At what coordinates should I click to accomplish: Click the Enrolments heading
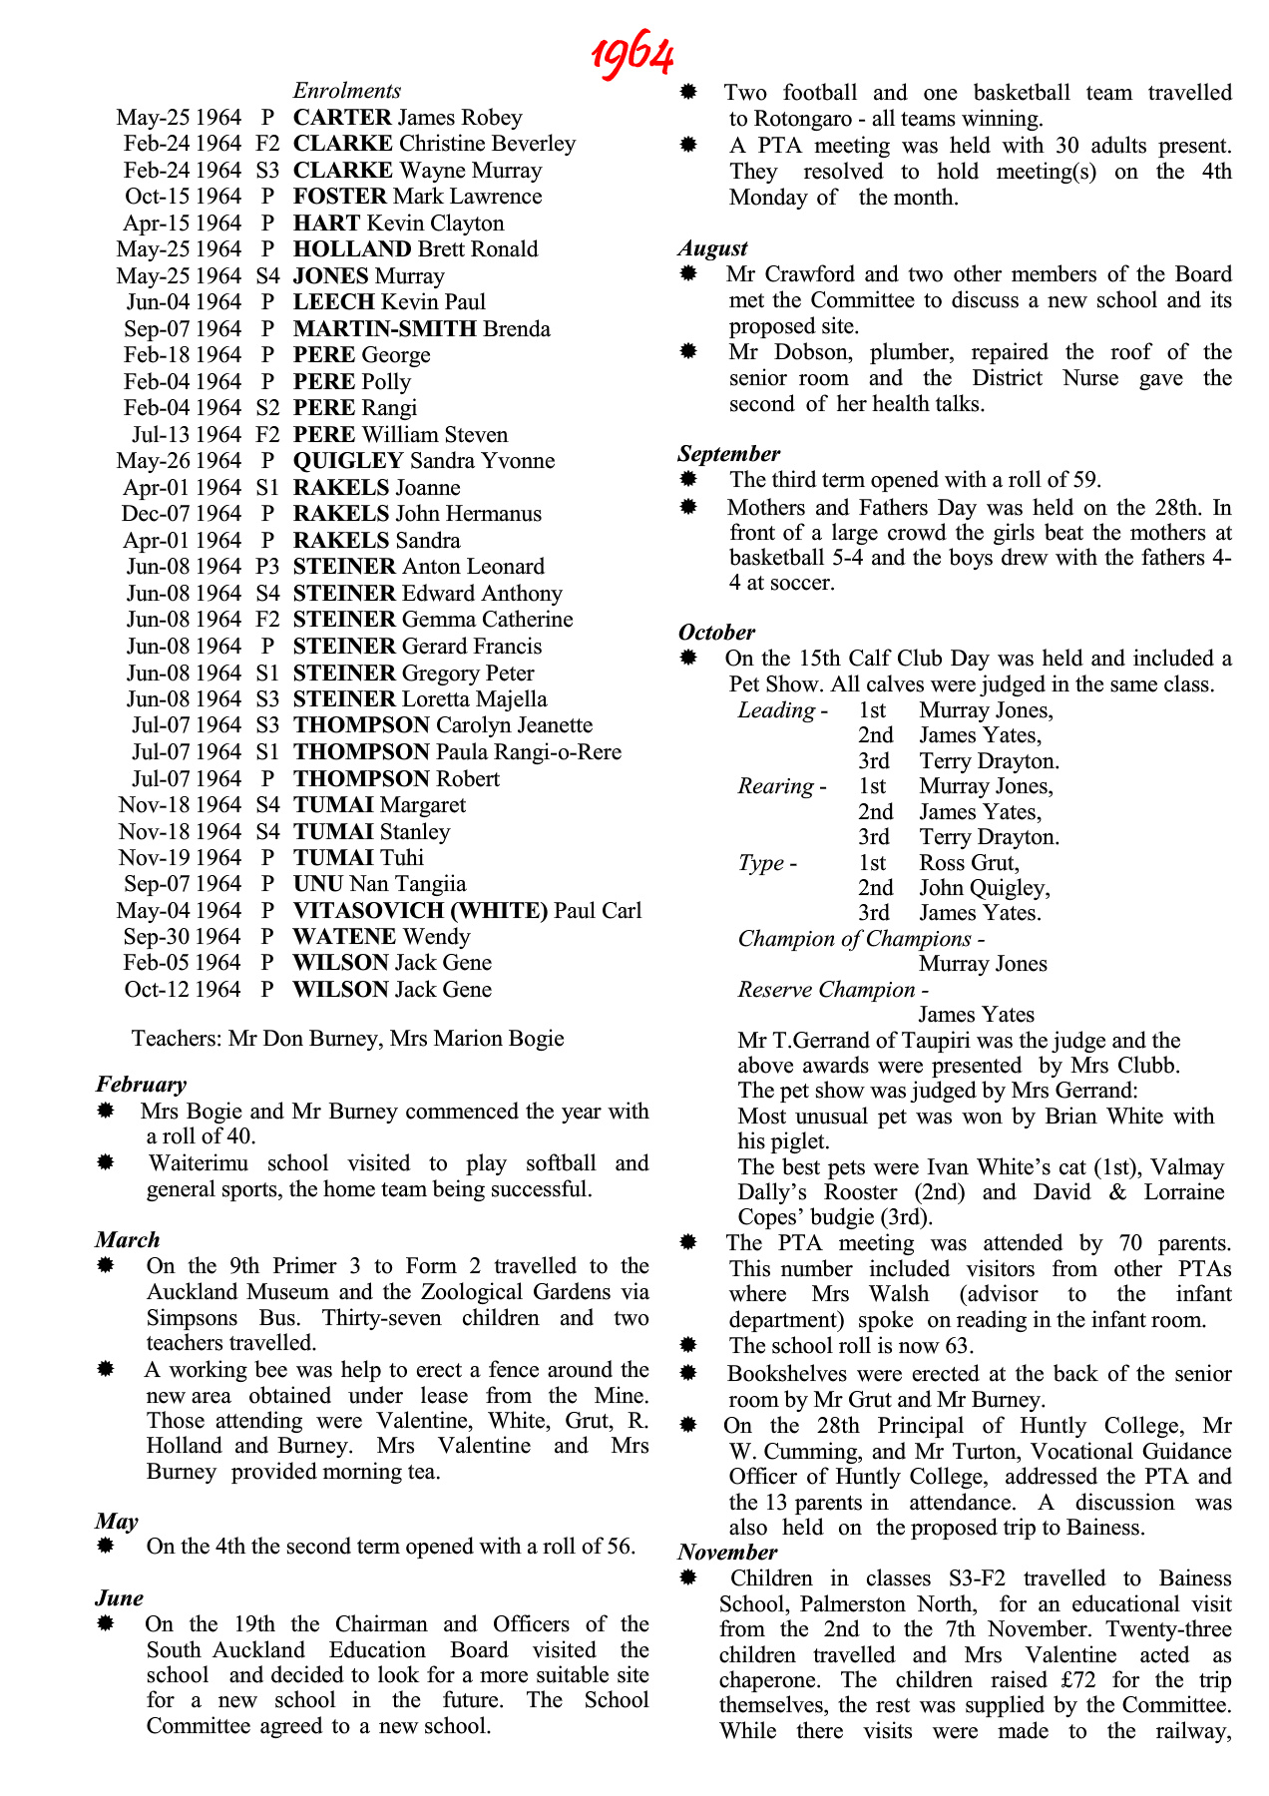click(346, 91)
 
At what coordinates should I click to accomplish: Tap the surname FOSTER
click(339, 197)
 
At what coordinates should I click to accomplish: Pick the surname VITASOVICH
click(369, 911)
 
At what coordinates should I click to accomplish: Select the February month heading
click(142, 1085)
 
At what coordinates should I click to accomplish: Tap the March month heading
click(128, 1240)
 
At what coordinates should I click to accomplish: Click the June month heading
click(120, 1598)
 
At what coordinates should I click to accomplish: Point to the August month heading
click(712, 248)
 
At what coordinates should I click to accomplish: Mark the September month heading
click(728, 454)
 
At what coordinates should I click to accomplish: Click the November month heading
click(727, 1553)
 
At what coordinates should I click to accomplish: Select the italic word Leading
click(776, 710)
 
